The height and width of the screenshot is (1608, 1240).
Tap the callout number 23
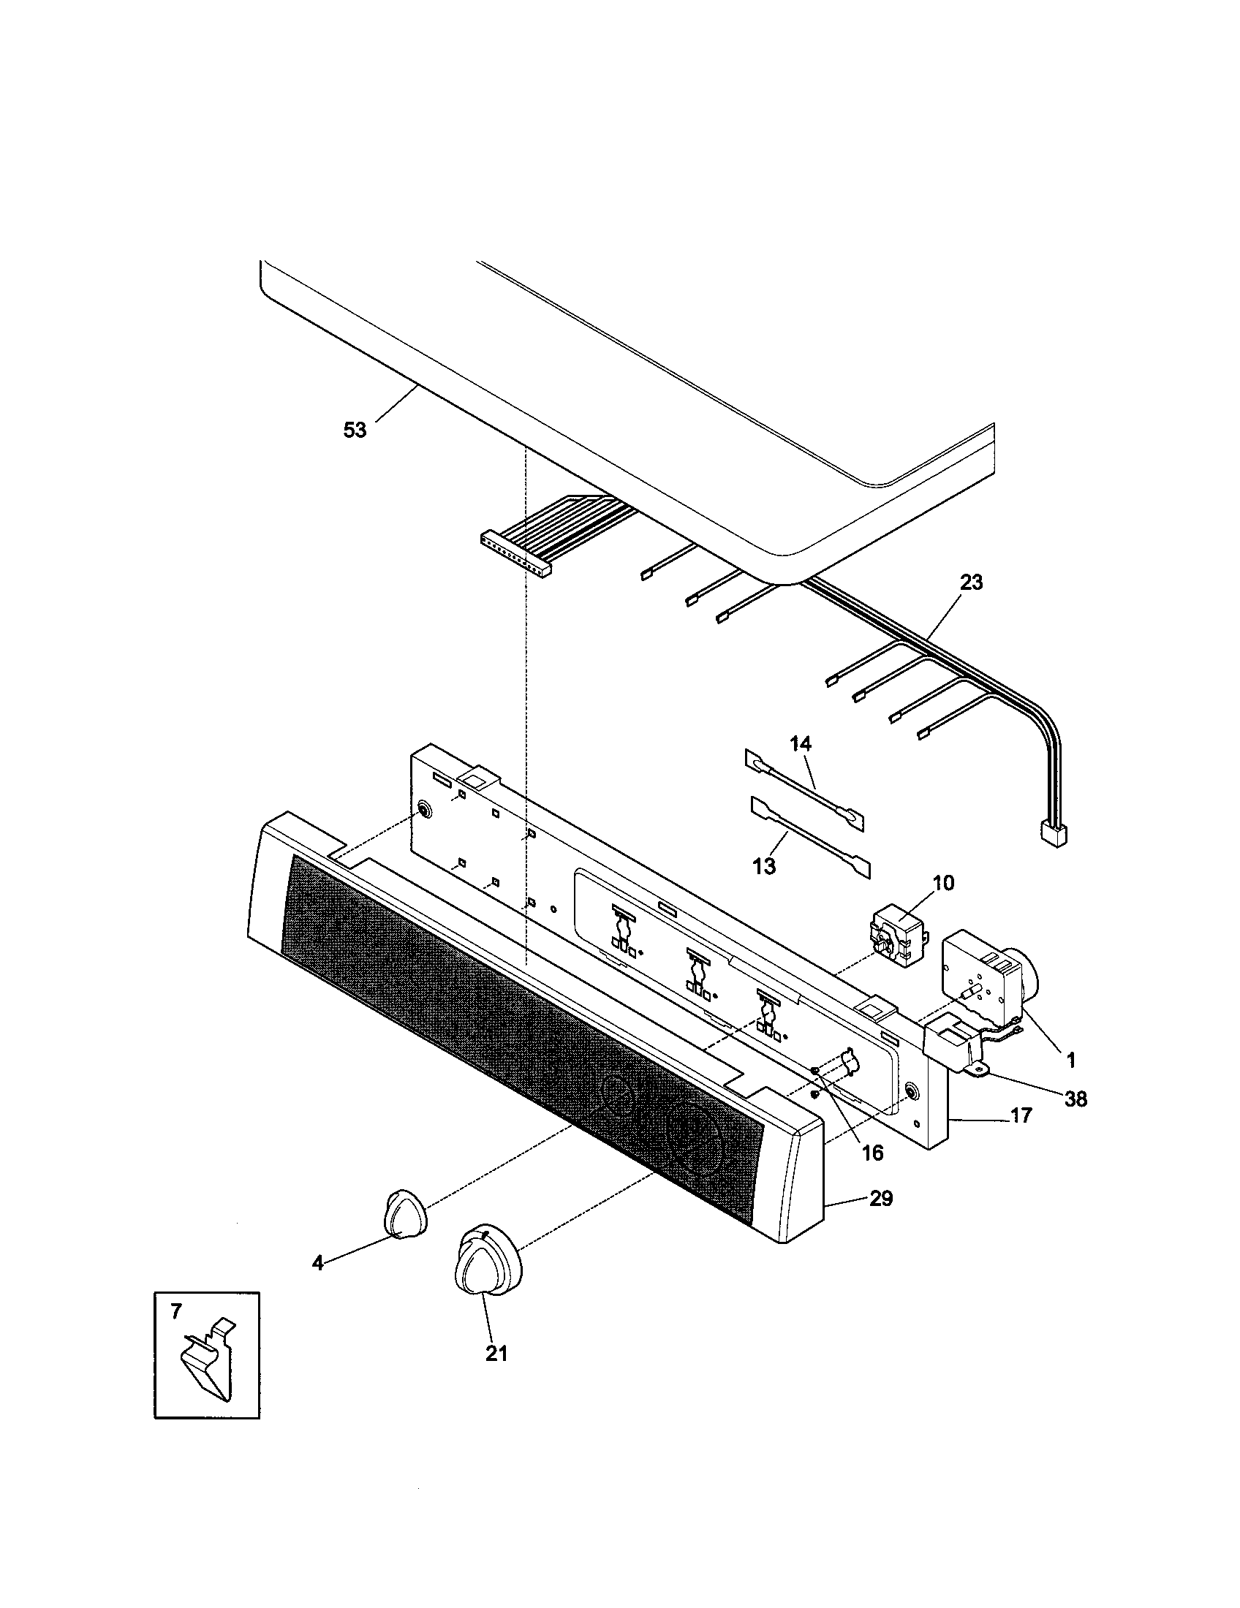pyautogui.click(x=971, y=583)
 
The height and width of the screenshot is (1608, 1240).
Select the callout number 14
pyautogui.click(x=801, y=743)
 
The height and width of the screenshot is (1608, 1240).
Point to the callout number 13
pyautogui.click(x=764, y=867)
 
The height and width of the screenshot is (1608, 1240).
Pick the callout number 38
pyautogui.click(x=1075, y=1099)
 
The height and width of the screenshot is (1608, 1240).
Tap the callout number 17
pyautogui.click(x=1021, y=1116)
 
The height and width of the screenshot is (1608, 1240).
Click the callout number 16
pyautogui.click(x=872, y=1153)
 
